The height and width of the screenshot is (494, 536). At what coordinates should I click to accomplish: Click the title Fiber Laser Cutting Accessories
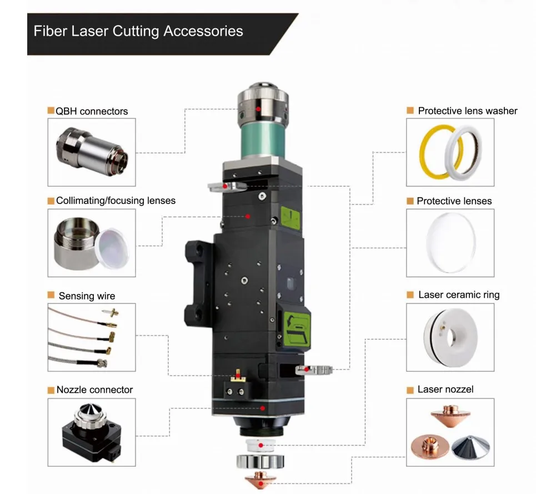coord(138,31)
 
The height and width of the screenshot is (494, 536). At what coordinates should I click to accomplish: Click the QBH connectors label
coord(91,111)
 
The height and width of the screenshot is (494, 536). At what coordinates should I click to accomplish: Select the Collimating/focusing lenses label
coord(115,201)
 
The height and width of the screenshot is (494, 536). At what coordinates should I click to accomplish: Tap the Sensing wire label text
coord(87,296)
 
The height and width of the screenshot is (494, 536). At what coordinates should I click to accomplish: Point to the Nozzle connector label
coord(94,390)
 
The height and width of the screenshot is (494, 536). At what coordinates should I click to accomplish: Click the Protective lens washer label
coord(467,111)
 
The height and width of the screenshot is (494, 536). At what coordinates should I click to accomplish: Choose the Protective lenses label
coord(454,201)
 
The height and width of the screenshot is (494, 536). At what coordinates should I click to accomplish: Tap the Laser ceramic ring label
coord(458,295)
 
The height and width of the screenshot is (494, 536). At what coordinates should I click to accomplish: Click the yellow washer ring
coord(433,151)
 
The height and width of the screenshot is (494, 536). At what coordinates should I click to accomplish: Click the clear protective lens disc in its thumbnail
coord(450,243)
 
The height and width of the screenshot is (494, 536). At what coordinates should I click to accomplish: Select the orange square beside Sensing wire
coord(51,295)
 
